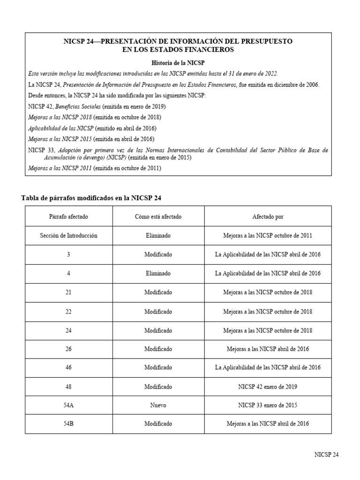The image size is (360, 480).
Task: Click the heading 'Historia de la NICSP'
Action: click(x=178, y=62)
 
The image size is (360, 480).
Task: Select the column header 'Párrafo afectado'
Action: click(x=68, y=217)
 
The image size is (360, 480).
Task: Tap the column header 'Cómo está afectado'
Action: click(x=158, y=217)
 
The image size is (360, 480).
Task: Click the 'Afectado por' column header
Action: click(x=268, y=217)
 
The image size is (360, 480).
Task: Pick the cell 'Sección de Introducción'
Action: click(x=68, y=235)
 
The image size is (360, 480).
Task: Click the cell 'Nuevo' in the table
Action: click(x=158, y=405)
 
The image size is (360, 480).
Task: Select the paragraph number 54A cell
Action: click(x=68, y=405)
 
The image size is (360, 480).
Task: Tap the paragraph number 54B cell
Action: click(x=68, y=424)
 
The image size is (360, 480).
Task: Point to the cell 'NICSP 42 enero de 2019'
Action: click(x=268, y=387)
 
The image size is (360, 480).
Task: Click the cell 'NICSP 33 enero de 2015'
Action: click(x=268, y=405)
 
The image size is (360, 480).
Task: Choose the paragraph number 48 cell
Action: click(x=68, y=387)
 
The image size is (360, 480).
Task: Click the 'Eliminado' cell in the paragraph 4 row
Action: click(x=158, y=273)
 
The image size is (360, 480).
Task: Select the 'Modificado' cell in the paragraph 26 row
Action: click(x=158, y=349)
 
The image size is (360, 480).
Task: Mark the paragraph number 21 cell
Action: click(x=68, y=292)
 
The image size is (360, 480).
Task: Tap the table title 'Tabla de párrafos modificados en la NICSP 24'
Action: click(x=91, y=198)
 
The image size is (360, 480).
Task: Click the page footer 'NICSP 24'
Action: click(x=326, y=455)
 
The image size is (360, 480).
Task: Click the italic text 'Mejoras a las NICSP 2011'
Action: click(x=60, y=168)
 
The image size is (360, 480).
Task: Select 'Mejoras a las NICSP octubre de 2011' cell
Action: click(x=268, y=235)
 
